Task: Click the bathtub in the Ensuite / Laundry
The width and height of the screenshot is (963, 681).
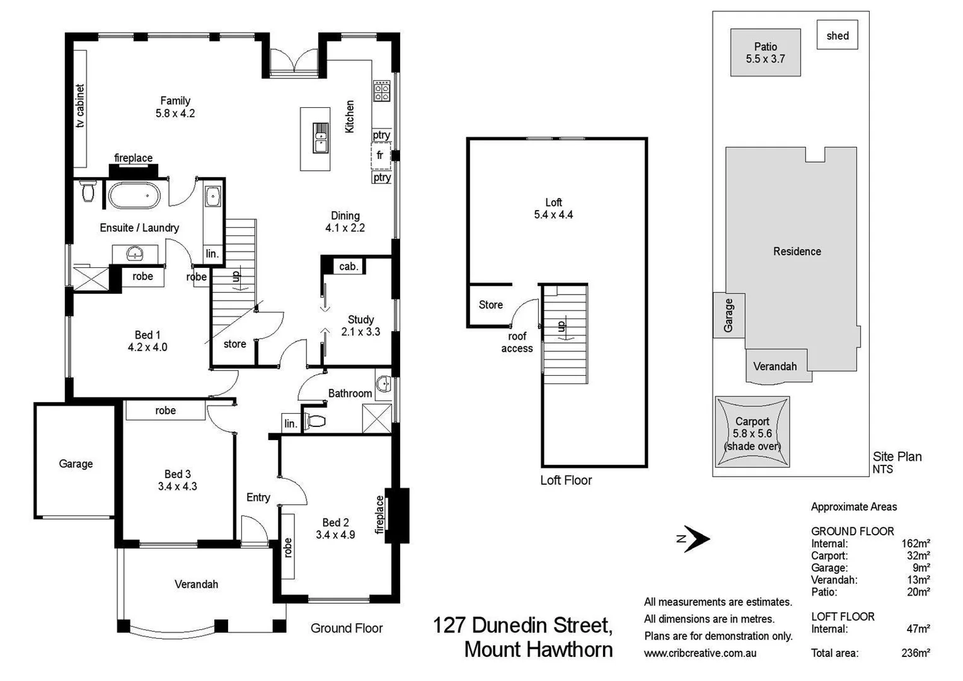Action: click(x=134, y=195)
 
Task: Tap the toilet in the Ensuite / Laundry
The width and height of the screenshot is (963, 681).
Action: click(x=88, y=192)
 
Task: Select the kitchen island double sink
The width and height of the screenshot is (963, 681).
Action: click(x=321, y=138)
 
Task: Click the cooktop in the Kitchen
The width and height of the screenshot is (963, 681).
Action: click(x=382, y=91)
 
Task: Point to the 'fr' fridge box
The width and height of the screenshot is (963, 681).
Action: click(x=381, y=156)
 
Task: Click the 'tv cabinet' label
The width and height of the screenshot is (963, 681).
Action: click(x=80, y=106)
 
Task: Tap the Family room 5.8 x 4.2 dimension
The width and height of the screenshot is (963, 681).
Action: click(x=175, y=113)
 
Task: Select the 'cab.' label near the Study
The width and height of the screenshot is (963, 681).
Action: click(x=349, y=266)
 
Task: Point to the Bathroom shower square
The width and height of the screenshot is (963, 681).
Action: click(x=377, y=418)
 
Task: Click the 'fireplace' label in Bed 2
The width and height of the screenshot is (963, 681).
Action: click(x=379, y=515)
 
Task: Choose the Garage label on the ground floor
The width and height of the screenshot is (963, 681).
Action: click(x=76, y=463)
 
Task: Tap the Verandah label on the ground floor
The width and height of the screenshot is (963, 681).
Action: click(x=196, y=584)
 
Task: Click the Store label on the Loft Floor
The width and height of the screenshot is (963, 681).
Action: click(x=490, y=305)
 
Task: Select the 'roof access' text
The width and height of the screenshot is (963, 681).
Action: click(x=517, y=342)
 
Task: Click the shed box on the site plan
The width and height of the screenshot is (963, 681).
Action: click(x=837, y=36)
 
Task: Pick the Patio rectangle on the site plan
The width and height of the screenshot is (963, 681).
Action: click(x=765, y=53)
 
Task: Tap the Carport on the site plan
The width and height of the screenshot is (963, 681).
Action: click(x=752, y=433)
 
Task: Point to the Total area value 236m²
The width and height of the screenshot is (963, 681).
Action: click(x=915, y=653)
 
